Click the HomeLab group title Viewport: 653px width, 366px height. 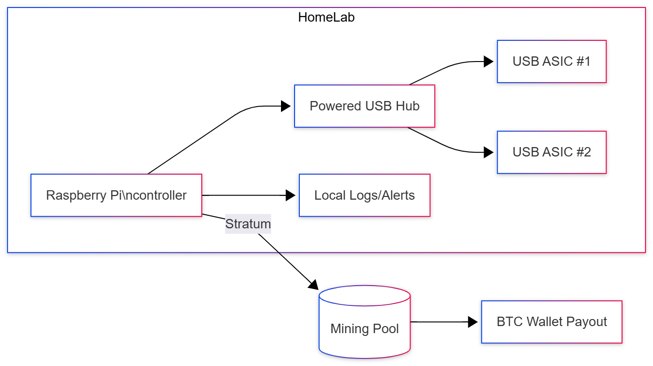coord(326,18)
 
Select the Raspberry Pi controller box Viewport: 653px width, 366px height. coord(116,195)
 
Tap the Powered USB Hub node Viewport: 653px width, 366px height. coord(364,106)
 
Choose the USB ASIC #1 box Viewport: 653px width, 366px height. coord(552,62)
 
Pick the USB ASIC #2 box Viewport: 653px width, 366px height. coord(552,152)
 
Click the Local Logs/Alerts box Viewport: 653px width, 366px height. coord(364,195)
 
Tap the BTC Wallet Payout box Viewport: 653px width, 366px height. coord(552,322)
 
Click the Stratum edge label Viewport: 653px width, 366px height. coord(248,224)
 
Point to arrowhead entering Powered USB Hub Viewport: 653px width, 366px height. coord(286,106)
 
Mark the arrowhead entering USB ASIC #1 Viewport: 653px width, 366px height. coord(488,62)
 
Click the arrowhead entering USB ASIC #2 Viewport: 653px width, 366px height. coord(488,152)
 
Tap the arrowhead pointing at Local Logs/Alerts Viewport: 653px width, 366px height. coord(290,195)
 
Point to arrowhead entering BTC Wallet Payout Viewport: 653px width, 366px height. coord(473,322)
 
